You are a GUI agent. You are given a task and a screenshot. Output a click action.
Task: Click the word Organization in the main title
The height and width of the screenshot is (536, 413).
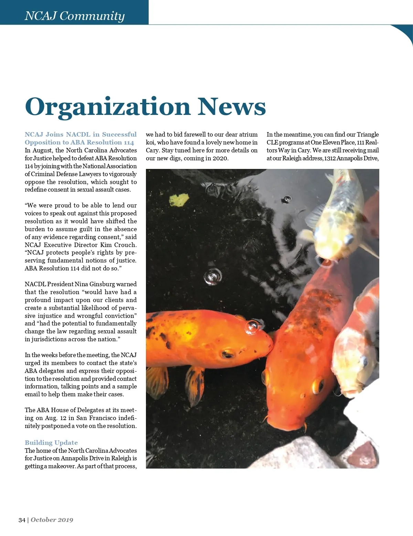point(107,107)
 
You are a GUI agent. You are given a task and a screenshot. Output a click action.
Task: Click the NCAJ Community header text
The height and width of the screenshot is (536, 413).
point(74,16)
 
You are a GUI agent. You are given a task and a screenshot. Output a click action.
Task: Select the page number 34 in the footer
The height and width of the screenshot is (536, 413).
point(22,520)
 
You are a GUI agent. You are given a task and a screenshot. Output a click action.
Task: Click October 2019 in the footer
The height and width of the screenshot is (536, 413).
point(52,520)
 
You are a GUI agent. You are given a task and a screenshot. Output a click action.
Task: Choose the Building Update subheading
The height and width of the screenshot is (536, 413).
point(51,443)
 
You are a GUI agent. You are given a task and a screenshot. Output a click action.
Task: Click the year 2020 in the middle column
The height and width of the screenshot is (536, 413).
point(220,158)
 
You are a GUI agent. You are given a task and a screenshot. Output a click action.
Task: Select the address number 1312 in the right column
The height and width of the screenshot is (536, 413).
point(330,158)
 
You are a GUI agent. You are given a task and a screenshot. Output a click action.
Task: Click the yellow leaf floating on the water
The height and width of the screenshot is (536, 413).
point(179,200)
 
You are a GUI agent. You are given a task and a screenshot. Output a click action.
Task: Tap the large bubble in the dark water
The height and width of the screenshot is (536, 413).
point(213,277)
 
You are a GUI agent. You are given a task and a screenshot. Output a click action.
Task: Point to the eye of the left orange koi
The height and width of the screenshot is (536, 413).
point(227,354)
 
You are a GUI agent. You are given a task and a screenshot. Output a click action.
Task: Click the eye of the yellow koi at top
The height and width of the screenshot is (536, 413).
point(349,238)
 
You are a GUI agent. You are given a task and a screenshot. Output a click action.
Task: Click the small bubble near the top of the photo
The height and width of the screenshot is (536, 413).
point(287,199)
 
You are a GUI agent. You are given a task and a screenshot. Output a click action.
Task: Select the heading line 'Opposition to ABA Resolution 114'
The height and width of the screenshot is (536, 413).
point(79,142)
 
